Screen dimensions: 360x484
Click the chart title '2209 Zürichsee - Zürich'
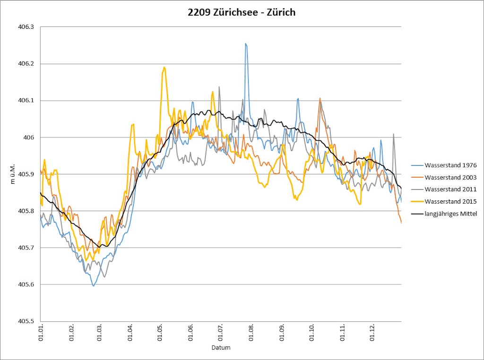click(242, 12)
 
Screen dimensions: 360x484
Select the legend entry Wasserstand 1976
click(450, 165)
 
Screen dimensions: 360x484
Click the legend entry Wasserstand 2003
click(450, 177)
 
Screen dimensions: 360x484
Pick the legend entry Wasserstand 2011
click(450, 189)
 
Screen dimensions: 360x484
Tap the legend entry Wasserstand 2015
click(450, 201)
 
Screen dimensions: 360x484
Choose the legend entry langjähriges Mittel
click(450, 213)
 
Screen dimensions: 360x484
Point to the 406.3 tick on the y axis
click(26, 27)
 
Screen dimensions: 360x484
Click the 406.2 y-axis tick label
click(26, 64)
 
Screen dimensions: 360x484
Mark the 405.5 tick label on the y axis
click(26, 321)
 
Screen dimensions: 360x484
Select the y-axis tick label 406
click(30, 137)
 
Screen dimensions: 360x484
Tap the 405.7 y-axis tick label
click(26, 248)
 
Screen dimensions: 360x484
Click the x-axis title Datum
click(221, 347)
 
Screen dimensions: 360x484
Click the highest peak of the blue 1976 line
click(246, 43)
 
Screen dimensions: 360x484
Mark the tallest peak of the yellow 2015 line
click(164, 67)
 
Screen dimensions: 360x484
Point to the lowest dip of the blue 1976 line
click(93, 286)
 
